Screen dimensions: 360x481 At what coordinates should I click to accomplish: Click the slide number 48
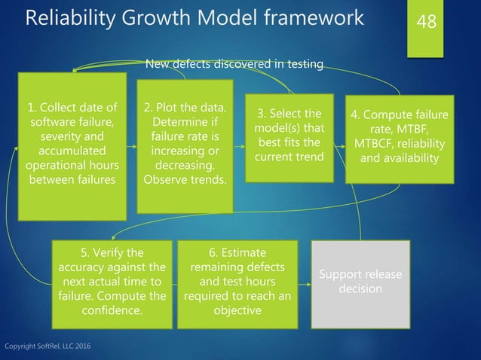(x=427, y=21)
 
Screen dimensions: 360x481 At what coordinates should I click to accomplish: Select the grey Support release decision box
(x=360, y=283)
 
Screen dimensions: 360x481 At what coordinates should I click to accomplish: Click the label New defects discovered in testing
(x=234, y=65)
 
